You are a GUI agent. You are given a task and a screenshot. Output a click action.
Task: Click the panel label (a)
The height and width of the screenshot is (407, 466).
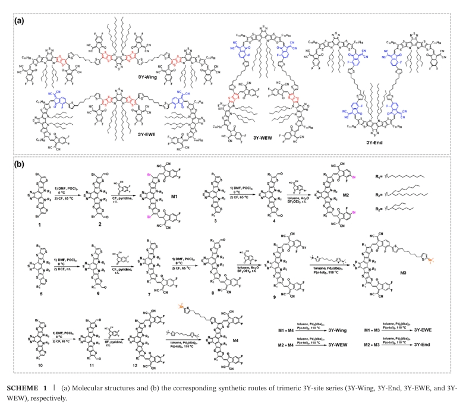[x=20, y=20]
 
